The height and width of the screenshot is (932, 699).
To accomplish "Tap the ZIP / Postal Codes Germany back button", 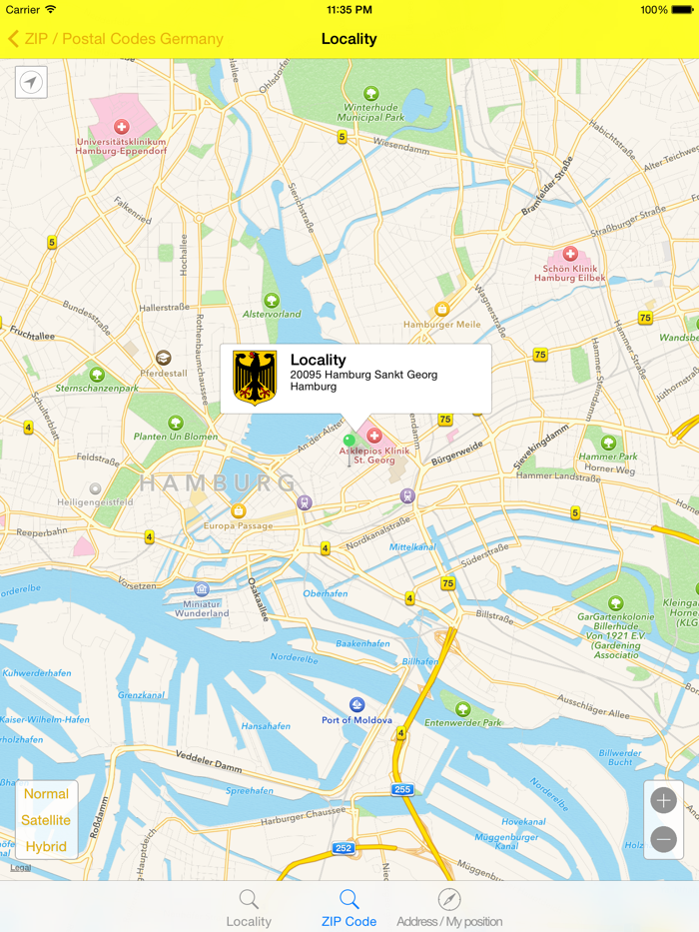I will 115,39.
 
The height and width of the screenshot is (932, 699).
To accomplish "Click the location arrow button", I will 32,82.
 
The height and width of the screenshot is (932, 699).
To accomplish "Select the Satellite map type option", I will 47,820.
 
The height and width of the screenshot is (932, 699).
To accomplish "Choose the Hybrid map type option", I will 47,846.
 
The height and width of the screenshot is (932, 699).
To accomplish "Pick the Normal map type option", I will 47,794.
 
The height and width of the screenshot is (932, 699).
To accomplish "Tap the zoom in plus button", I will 664,801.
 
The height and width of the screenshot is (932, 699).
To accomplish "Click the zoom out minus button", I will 664,840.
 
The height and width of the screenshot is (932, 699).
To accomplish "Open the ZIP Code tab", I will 349,908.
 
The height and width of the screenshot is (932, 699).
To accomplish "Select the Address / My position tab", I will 449,908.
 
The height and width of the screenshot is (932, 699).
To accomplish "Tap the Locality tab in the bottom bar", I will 249,908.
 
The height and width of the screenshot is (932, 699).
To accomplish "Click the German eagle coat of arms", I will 254,379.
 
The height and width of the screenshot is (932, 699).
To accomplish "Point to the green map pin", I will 349,441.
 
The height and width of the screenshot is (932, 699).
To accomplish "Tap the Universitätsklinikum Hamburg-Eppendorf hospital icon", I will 122,128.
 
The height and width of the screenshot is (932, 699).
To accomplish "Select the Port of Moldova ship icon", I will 356,705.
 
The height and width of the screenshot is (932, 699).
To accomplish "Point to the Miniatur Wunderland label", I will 202,607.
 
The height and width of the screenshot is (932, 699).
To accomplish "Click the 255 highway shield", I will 401,789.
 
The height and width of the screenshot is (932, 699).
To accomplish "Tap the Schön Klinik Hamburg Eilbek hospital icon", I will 570,255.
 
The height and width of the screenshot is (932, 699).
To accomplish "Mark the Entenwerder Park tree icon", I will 462,708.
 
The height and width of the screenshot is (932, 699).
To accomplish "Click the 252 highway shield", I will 344,847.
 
